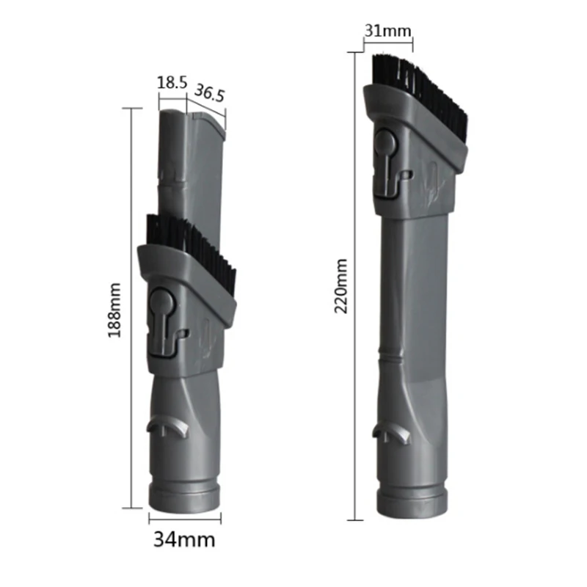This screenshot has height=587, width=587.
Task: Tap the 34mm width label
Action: (x=184, y=540)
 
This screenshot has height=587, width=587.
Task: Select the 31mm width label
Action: (x=388, y=30)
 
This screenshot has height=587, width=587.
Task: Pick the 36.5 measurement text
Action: (x=209, y=93)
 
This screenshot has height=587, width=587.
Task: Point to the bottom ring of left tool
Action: (x=184, y=496)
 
